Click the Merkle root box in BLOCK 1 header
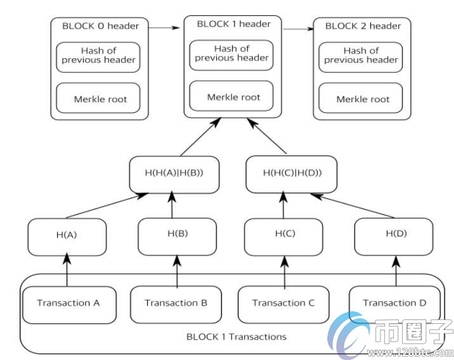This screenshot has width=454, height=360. point(232,97)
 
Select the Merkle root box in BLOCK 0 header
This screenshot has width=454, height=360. point(100,99)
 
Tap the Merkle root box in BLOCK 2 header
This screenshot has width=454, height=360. point(362,99)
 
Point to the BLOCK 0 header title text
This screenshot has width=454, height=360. point(100,26)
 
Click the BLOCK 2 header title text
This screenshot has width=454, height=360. point(362,26)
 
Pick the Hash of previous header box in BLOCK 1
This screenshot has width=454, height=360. point(231,53)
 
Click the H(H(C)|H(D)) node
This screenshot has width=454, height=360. point(291,173)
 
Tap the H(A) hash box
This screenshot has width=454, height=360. point(67,235)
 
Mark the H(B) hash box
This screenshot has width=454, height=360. point(177,234)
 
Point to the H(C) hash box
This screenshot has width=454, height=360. point(285,234)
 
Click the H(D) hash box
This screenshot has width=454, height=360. point(394,234)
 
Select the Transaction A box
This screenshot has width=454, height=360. point(68,303)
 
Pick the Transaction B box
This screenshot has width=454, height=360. point(176,303)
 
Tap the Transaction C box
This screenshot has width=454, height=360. point(283,303)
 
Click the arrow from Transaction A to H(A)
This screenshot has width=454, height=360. point(67,269)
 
